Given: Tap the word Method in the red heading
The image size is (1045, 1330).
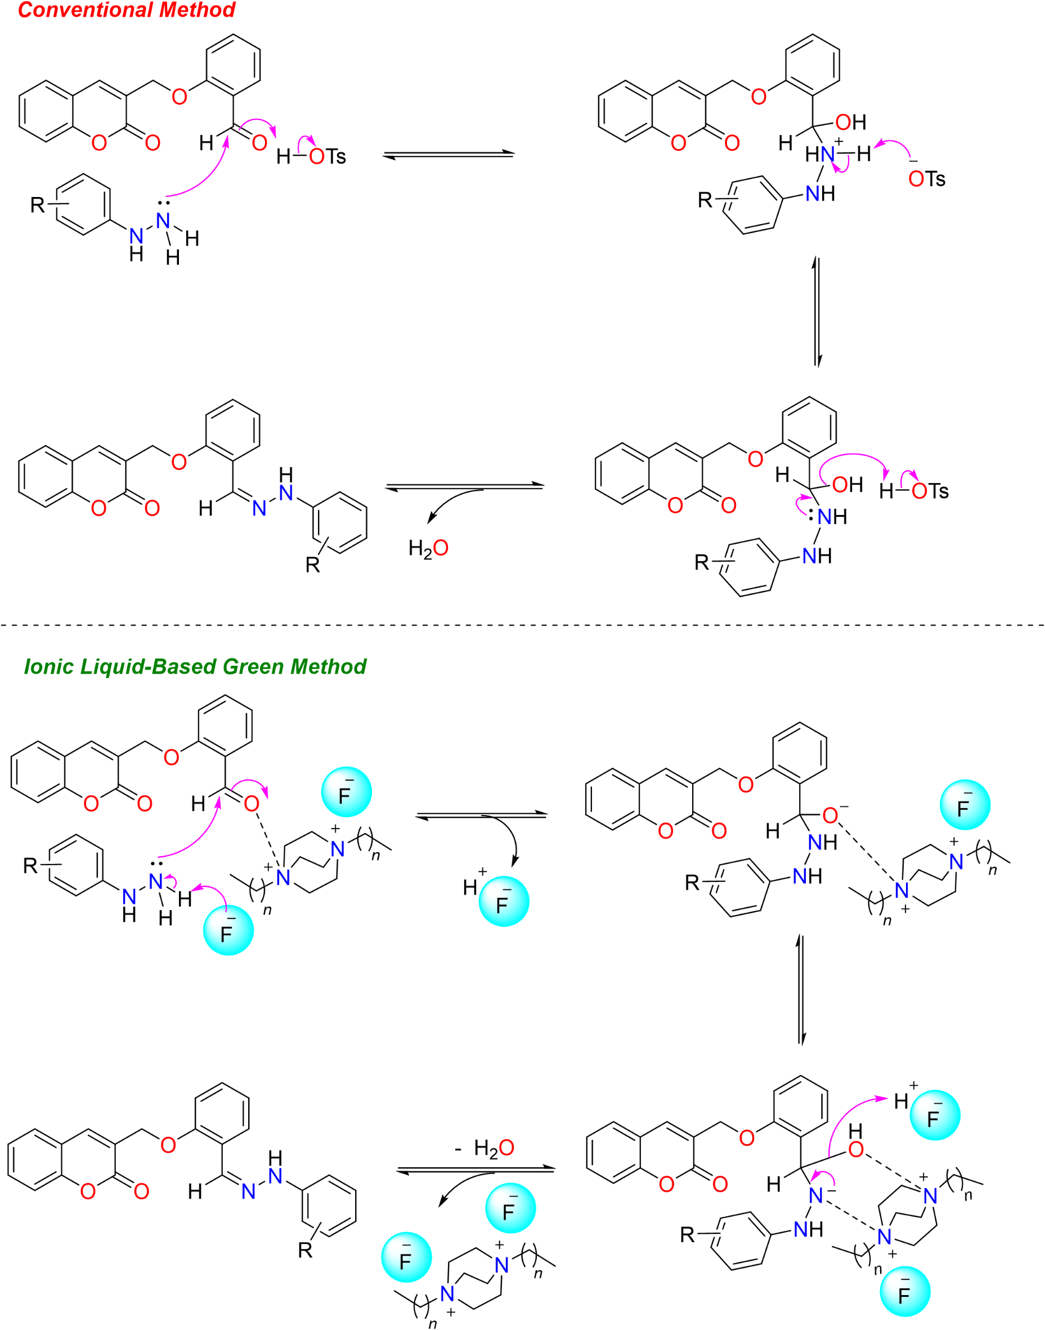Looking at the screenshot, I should (x=204, y=10).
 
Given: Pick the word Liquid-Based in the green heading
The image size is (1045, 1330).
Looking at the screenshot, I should (x=149, y=666).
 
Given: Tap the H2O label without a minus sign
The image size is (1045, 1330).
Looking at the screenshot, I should (x=428, y=548).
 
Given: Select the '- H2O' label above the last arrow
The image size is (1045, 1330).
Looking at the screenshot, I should (x=485, y=1148).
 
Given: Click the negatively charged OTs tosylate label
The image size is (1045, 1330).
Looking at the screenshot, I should (x=926, y=178).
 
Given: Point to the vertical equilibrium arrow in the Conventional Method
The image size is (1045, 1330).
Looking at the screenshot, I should (x=816, y=312).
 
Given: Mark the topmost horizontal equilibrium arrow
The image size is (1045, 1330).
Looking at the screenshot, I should (x=449, y=155).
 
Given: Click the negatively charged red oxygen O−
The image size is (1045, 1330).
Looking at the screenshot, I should (x=831, y=815).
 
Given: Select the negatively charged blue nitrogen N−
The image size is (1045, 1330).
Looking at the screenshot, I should (x=816, y=1195).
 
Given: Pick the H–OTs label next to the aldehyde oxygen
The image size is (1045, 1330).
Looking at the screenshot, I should (x=311, y=156).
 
